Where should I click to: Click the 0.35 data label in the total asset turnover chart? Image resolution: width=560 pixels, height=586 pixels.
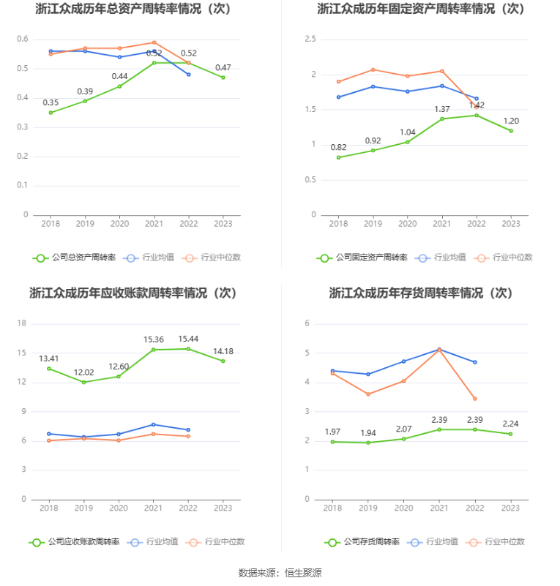click(x=51, y=102)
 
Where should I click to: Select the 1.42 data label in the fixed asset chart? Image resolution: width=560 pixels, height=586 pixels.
click(x=477, y=105)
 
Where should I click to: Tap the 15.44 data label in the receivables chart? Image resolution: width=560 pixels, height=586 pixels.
click(x=189, y=339)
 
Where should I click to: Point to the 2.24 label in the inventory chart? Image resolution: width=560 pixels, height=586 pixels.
click(x=510, y=424)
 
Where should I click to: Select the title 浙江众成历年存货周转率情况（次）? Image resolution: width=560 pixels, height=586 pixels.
click(x=420, y=293)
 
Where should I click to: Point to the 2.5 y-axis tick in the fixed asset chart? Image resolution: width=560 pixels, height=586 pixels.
click(x=310, y=40)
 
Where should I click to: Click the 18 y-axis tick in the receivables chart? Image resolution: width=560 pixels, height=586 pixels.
click(x=22, y=323)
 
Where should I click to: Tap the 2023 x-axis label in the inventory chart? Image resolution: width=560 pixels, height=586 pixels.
click(x=510, y=508)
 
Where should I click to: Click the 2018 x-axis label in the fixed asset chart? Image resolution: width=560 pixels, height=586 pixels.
click(x=338, y=224)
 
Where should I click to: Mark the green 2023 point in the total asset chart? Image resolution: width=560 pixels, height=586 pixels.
click(x=223, y=78)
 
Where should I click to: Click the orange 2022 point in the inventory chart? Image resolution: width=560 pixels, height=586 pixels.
click(x=475, y=399)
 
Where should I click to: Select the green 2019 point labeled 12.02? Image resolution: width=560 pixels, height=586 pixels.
click(x=84, y=382)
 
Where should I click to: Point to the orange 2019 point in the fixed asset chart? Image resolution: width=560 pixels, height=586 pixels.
click(x=373, y=70)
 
